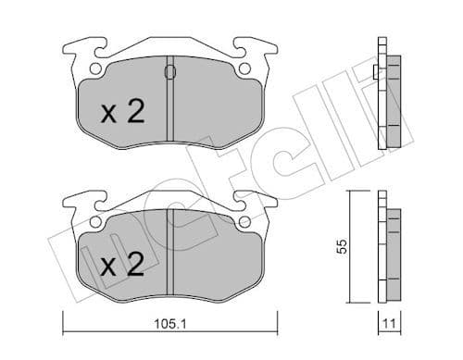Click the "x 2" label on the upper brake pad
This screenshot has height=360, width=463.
click(x=122, y=112)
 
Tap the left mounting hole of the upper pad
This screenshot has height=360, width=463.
click(x=94, y=70)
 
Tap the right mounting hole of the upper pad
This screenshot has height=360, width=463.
click(x=244, y=70)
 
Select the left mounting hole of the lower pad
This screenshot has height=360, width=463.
click(x=94, y=222)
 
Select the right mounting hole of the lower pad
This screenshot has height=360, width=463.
click(x=244, y=222)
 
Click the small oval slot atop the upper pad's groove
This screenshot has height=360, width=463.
click(x=169, y=72)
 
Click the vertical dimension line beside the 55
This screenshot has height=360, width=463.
click(x=350, y=248)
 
